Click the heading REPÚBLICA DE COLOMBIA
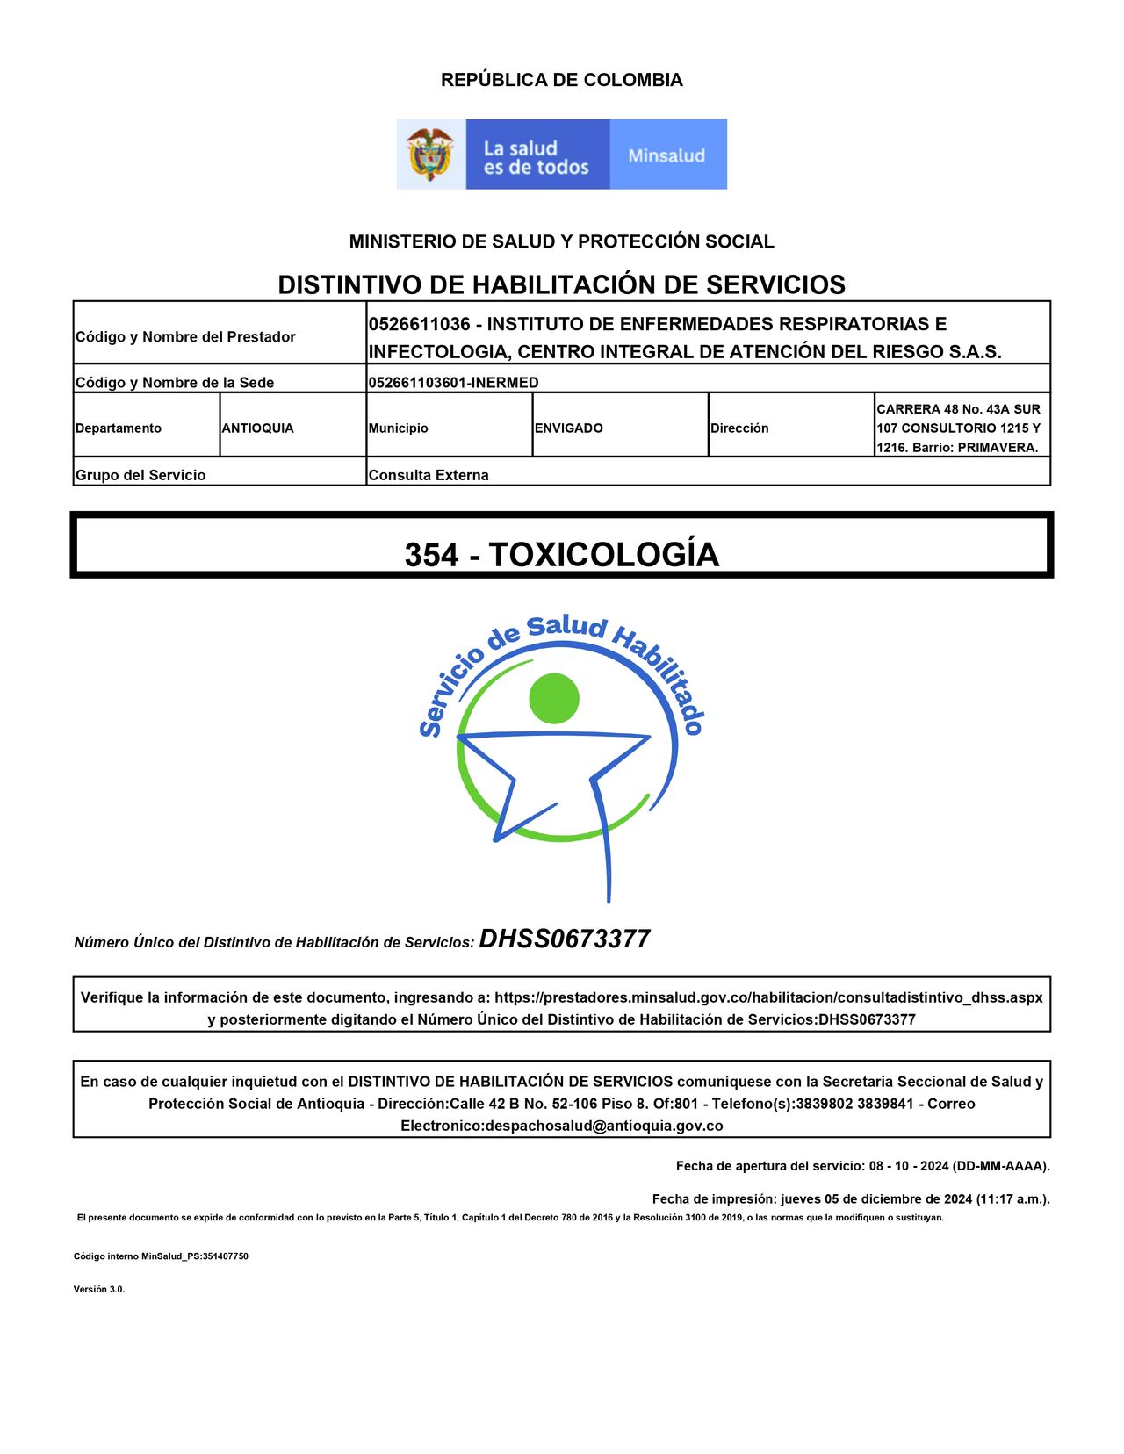point(561,80)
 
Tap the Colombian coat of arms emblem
point(430,155)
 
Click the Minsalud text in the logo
point(666,155)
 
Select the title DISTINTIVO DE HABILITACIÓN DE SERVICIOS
point(561,284)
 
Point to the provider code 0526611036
point(420,324)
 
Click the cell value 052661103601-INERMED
point(453,383)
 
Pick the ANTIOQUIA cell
point(257,428)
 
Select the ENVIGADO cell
point(569,428)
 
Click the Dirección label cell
point(739,428)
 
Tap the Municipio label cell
point(399,428)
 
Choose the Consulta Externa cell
point(429,475)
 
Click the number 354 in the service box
point(431,555)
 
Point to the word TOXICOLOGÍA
point(604,555)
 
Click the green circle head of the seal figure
point(554,699)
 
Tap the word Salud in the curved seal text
point(567,627)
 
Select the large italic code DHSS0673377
point(565,939)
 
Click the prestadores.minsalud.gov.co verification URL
point(768,997)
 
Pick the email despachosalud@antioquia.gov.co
point(604,1126)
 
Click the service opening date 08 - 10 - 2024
point(909,1166)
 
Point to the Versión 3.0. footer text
point(99,1289)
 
